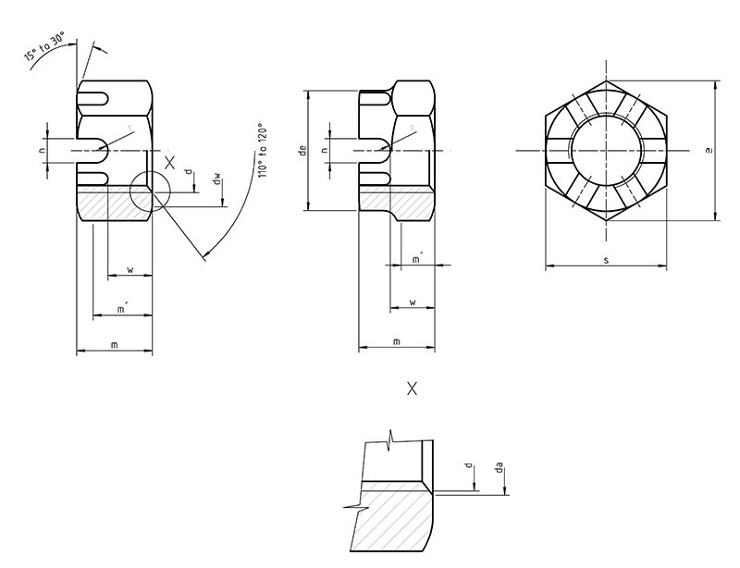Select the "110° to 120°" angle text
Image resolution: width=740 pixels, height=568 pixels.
point(262,152)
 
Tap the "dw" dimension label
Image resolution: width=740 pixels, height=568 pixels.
point(216,179)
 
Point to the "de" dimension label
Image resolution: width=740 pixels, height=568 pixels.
point(302,150)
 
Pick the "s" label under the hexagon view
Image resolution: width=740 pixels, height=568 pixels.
point(606,260)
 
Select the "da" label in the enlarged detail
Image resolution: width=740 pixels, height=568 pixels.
point(499,470)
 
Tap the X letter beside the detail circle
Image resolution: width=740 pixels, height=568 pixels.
point(169,162)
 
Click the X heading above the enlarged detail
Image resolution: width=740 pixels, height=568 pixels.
point(412,389)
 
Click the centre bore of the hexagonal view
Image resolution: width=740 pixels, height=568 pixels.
point(606,151)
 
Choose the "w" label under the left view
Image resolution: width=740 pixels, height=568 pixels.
point(130,270)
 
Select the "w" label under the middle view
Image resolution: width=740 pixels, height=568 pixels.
point(412,302)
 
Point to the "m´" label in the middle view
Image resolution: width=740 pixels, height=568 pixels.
point(418,259)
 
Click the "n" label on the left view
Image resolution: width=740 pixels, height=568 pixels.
point(43,150)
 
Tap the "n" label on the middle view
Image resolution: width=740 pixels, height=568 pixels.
point(324,150)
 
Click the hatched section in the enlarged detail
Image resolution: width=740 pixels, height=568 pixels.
point(393,523)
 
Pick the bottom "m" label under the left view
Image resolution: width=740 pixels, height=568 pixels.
point(114,344)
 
